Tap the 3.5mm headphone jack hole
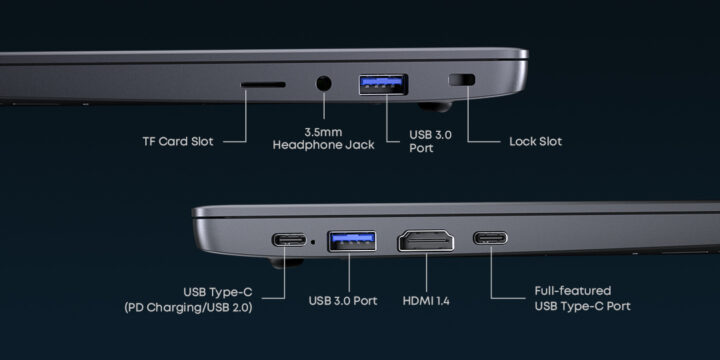click(x=324, y=84)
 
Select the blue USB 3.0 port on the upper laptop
click(x=383, y=85)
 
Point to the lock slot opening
click(x=462, y=81)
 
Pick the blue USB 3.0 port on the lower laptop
click(x=350, y=241)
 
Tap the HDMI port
click(x=427, y=241)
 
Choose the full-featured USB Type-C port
click(x=490, y=240)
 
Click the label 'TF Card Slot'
click(x=180, y=141)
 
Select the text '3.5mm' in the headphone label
click(x=323, y=131)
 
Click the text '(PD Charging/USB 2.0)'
click(x=188, y=307)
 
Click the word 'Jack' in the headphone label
click(x=358, y=145)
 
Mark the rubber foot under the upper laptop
click(x=432, y=104)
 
